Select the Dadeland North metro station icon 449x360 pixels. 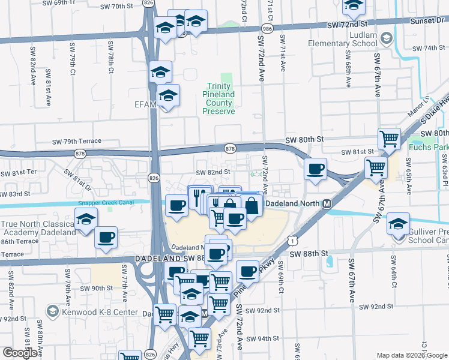click(x=328, y=203)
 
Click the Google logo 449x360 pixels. click(x=20, y=353)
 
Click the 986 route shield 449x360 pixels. click(x=265, y=28)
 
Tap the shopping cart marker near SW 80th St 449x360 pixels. click(x=390, y=139)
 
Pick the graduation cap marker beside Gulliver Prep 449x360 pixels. click(x=397, y=224)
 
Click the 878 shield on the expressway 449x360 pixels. click(x=229, y=148)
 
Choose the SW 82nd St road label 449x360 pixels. click(x=215, y=172)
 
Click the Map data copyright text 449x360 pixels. click(x=402, y=355)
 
